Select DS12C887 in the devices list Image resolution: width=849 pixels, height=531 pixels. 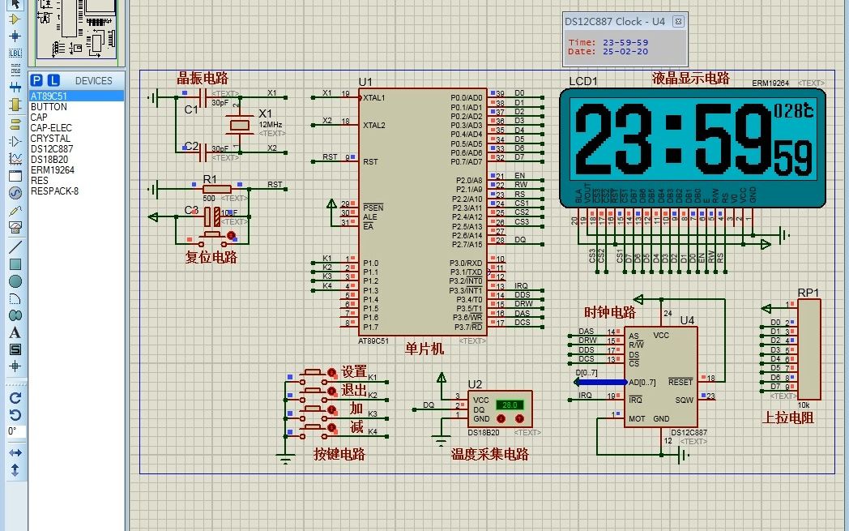[52, 149]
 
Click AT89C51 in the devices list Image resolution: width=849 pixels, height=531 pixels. [49, 96]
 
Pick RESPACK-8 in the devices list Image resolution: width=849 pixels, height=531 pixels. [54, 191]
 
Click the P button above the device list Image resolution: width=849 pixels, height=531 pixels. [36, 80]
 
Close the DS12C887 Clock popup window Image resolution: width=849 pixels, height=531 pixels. [678, 21]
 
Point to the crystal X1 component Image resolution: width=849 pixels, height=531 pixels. [241, 125]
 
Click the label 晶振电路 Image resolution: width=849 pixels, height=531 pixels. [203, 79]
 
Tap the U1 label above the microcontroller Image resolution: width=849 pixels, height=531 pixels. [365, 82]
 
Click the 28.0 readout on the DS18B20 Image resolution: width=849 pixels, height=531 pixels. [510, 404]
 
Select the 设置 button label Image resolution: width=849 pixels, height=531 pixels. [353, 372]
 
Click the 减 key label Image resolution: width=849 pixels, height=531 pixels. [356, 426]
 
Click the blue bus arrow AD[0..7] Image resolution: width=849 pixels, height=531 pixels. [599, 382]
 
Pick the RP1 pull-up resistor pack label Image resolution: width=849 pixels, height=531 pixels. [808, 293]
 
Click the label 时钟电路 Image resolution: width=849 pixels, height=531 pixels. [609, 313]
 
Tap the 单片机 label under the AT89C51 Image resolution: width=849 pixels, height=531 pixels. [424, 349]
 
